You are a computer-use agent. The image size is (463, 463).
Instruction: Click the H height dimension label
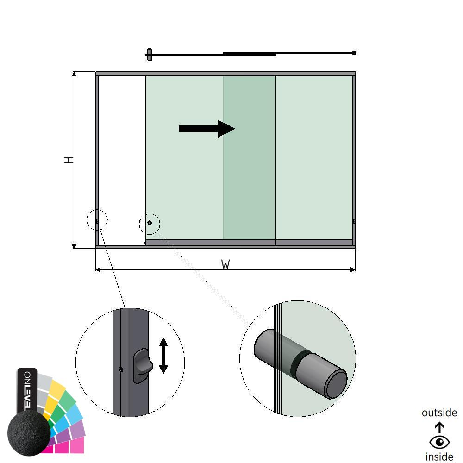click(x=69, y=160)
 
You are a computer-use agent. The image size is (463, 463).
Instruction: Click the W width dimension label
click(x=225, y=264)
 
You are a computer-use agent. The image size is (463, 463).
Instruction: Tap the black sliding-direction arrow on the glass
click(x=207, y=129)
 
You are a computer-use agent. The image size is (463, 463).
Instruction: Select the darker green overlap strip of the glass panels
click(x=249, y=157)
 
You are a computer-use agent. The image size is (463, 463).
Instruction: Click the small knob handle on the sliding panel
click(x=150, y=223)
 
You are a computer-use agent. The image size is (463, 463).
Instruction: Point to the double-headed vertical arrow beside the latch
click(x=163, y=356)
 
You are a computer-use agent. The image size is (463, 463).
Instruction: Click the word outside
click(x=439, y=413)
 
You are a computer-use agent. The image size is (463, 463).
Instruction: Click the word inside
click(x=439, y=457)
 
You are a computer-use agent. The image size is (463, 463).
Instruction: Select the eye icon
click(x=439, y=442)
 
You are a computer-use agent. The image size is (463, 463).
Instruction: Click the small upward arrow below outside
click(x=439, y=427)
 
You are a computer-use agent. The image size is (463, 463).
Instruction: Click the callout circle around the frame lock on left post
click(x=97, y=221)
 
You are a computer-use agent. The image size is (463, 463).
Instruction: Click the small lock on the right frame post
click(x=354, y=221)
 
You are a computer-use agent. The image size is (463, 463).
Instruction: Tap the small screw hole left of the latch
click(x=121, y=369)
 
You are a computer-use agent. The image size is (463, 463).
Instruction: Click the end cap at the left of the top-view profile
click(x=149, y=54)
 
